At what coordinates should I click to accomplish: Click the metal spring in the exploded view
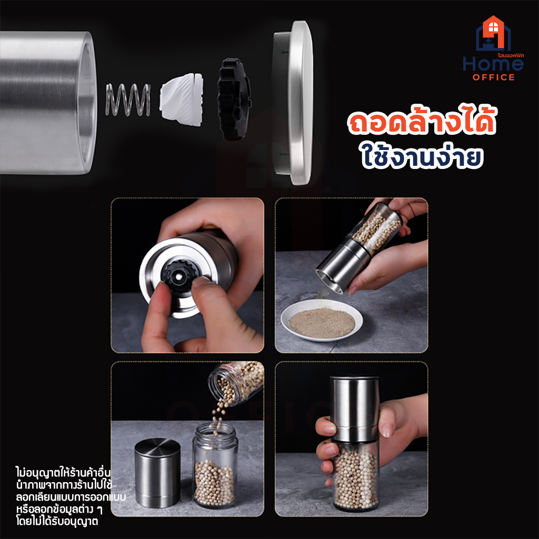click(128, 99)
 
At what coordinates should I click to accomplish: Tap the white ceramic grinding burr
click(182, 99)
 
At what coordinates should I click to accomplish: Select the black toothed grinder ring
click(234, 99)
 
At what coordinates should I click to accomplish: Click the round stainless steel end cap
click(293, 103)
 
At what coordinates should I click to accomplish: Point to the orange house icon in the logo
click(493, 33)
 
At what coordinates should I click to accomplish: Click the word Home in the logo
click(493, 64)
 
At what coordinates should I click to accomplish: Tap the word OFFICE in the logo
click(494, 77)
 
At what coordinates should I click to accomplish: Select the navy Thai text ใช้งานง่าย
click(422, 156)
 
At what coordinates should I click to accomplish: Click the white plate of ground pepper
click(322, 320)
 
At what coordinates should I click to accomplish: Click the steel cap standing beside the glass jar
click(157, 473)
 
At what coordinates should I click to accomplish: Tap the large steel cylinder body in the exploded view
click(48, 103)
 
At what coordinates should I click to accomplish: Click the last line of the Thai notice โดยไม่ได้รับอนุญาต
click(57, 521)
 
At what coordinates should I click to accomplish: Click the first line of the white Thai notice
click(63, 473)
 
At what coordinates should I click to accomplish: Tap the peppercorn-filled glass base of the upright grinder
click(356, 476)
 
